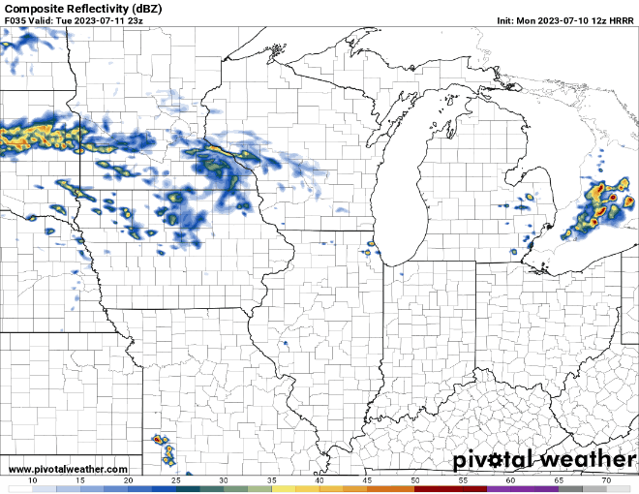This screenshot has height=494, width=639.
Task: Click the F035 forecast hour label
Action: point(16,20)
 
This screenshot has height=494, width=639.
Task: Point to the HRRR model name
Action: point(621,20)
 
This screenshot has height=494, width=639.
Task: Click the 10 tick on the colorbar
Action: point(34,480)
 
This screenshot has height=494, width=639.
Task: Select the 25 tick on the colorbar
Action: point(176,480)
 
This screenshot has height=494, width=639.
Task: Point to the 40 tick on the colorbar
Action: point(319,480)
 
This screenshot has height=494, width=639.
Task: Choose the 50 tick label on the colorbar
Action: point(414,480)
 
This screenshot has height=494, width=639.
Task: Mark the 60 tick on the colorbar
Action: point(510,480)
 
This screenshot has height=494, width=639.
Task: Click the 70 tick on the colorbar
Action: point(605,480)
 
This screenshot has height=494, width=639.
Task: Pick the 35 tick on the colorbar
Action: point(272,480)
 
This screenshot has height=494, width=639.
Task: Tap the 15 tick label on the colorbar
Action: point(81,480)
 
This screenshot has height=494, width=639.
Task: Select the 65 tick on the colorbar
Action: point(558,480)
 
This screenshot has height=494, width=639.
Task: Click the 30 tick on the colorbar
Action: point(224,480)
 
